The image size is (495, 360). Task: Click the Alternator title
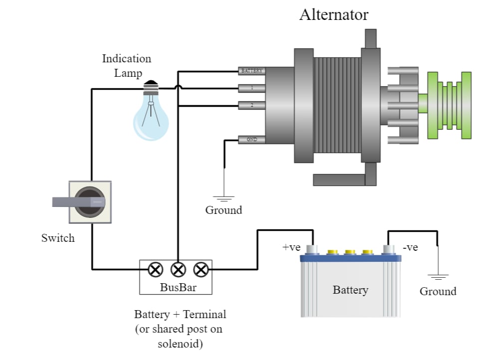[x=334, y=15]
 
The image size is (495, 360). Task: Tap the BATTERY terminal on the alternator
[x=251, y=71]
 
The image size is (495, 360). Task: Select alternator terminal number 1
[x=251, y=88]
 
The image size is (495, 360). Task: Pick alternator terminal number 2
[x=251, y=105]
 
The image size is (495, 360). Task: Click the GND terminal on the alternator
[x=251, y=140]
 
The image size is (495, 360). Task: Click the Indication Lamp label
[x=127, y=66]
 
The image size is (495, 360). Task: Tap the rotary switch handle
[x=78, y=202]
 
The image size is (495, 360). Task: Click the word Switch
[x=58, y=238]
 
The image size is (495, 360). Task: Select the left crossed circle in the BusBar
[x=155, y=269]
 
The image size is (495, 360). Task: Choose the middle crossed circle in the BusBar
[x=178, y=269]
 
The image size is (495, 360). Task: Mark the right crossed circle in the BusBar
[x=201, y=269]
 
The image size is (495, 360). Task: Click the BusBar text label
[x=178, y=287]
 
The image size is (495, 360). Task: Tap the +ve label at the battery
[x=291, y=247]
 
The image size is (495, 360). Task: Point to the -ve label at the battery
[x=410, y=247]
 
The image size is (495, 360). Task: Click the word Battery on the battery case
[x=350, y=290]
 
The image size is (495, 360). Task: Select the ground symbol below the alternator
[x=224, y=199]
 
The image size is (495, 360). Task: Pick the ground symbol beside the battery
[x=438, y=278]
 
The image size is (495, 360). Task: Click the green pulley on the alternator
[x=449, y=105]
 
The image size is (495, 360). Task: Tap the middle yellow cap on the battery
[x=350, y=252]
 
